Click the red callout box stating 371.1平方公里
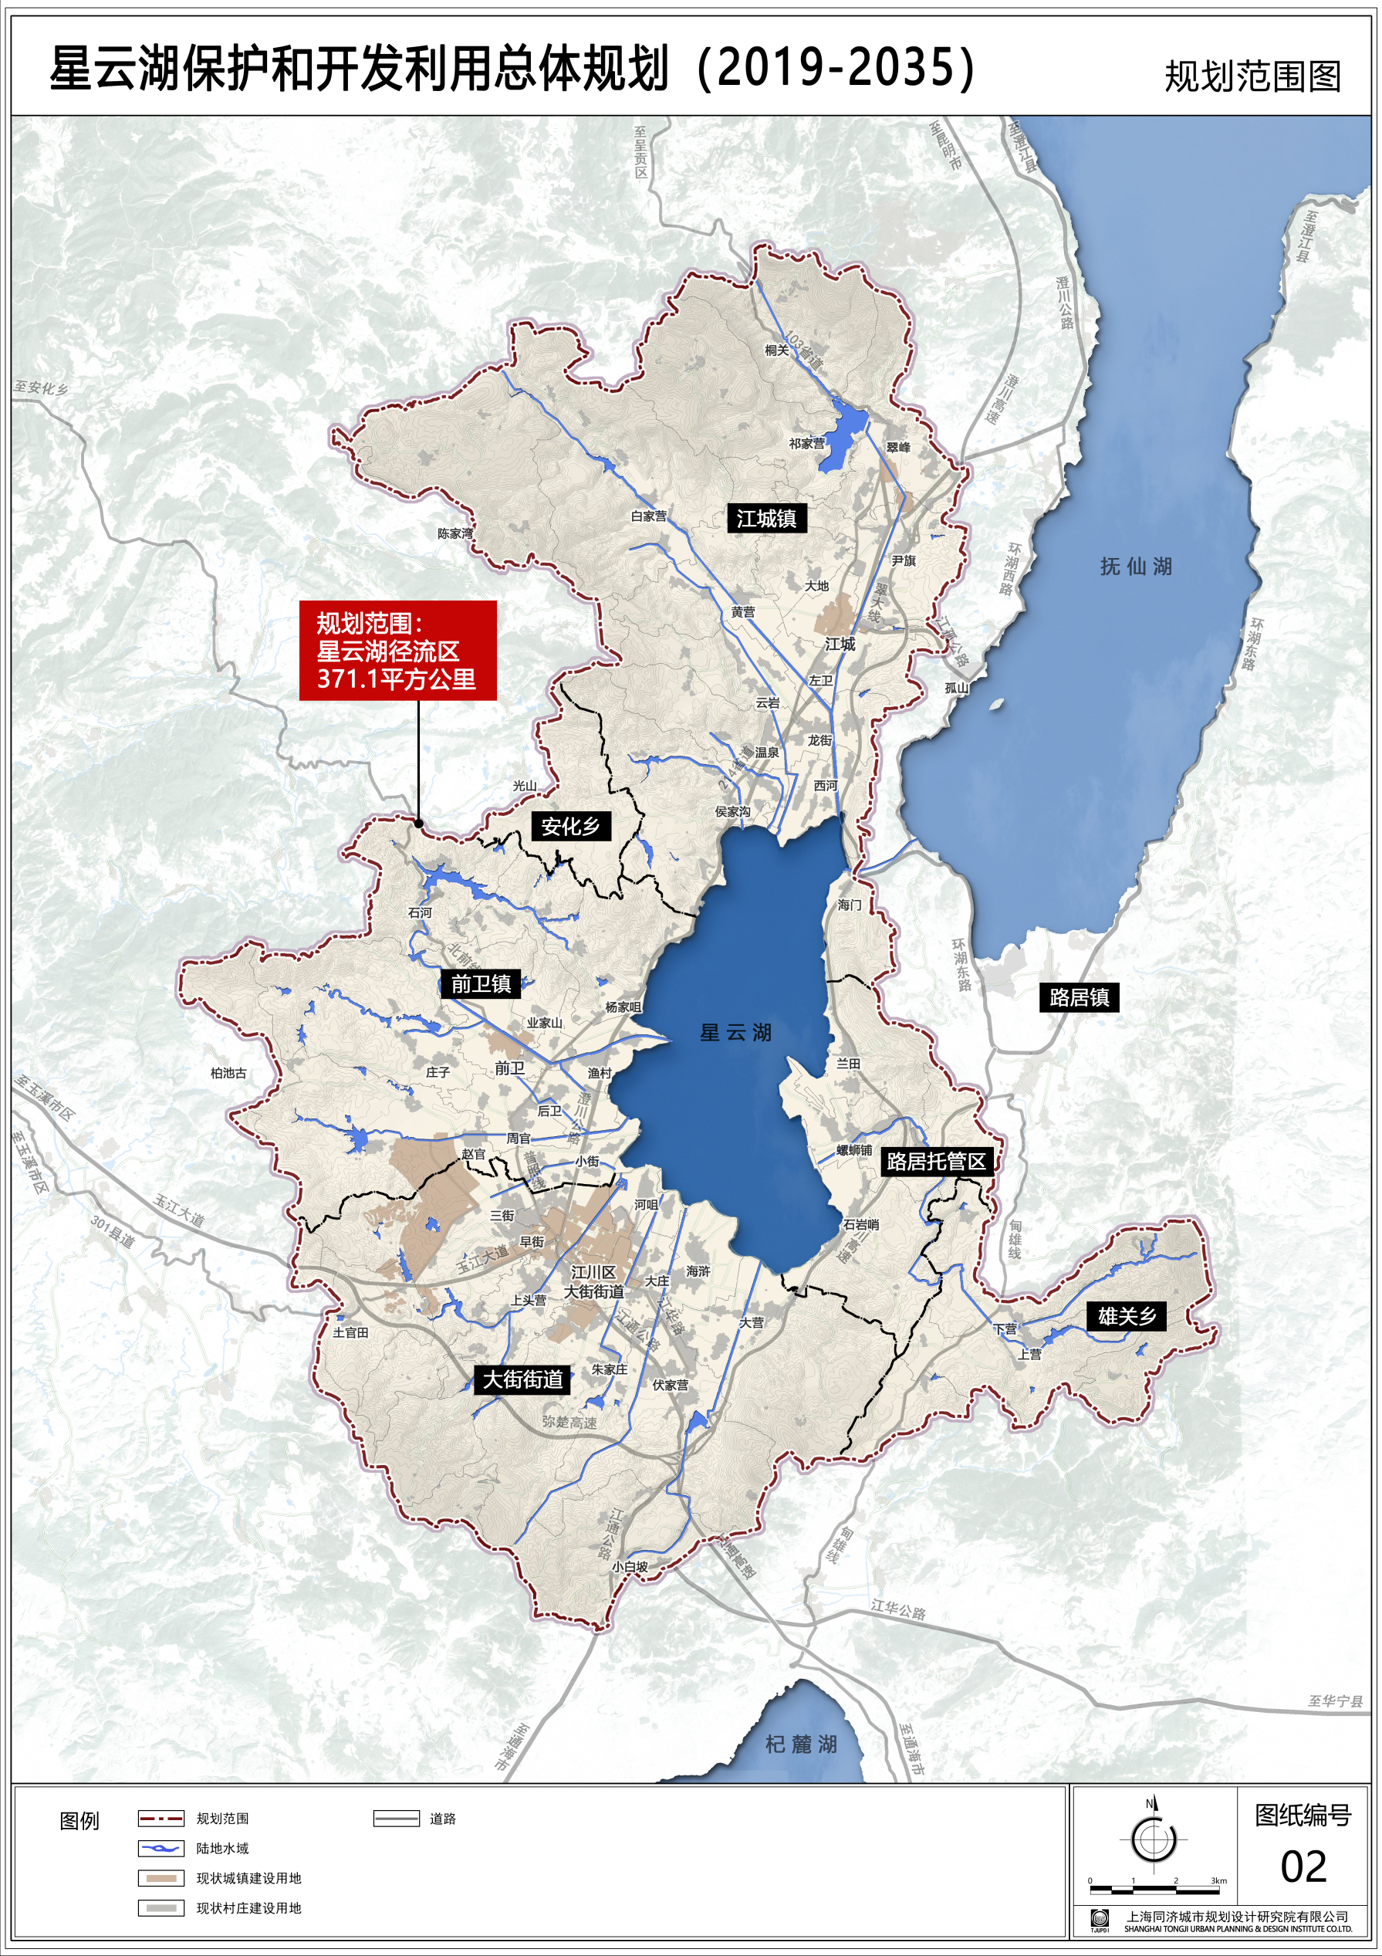[x=397, y=650]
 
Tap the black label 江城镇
[x=765, y=518]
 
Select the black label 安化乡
[x=570, y=825]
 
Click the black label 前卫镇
[x=480, y=984]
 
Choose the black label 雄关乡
[x=1127, y=1316]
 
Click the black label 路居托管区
[x=936, y=1161]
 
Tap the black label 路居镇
[x=1079, y=997]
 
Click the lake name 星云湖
[x=735, y=1034]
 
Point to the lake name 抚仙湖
[x=1136, y=567]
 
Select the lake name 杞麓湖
[x=800, y=1744]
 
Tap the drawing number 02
[x=1303, y=1867]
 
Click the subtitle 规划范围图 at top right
[x=1252, y=76]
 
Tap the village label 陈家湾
[x=454, y=533]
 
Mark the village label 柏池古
[x=228, y=1074]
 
